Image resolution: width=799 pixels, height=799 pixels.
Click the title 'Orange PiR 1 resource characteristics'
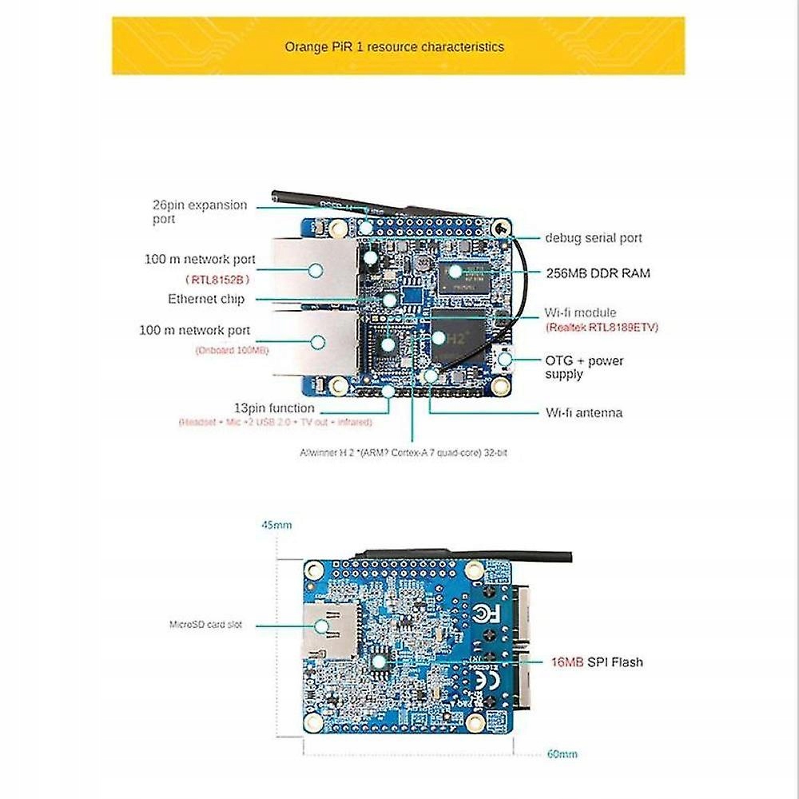tap(395, 47)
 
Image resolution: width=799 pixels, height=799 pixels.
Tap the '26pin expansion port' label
tap(200, 212)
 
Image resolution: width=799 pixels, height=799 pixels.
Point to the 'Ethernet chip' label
tap(206, 299)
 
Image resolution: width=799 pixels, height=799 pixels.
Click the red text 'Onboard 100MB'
tap(232, 351)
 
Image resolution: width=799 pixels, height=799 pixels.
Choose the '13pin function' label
tap(274, 408)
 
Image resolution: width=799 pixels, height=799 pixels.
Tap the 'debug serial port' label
tap(593, 238)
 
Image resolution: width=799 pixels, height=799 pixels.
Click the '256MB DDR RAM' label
tap(598, 273)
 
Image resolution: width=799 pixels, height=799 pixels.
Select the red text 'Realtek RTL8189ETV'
tap(602, 328)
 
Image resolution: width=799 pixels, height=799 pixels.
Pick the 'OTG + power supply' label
tap(584, 368)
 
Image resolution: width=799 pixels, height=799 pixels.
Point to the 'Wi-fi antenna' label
tap(583, 413)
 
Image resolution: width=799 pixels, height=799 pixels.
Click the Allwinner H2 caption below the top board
tap(404, 453)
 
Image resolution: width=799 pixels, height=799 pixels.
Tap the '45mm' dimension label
tap(276, 526)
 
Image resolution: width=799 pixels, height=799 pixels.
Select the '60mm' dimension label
tap(562, 753)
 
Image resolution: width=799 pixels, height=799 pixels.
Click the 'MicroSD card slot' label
tap(205, 625)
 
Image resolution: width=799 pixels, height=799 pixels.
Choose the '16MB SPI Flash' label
tap(596, 662)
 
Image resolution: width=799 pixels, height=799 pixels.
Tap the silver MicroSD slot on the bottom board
tap(329, 630)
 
